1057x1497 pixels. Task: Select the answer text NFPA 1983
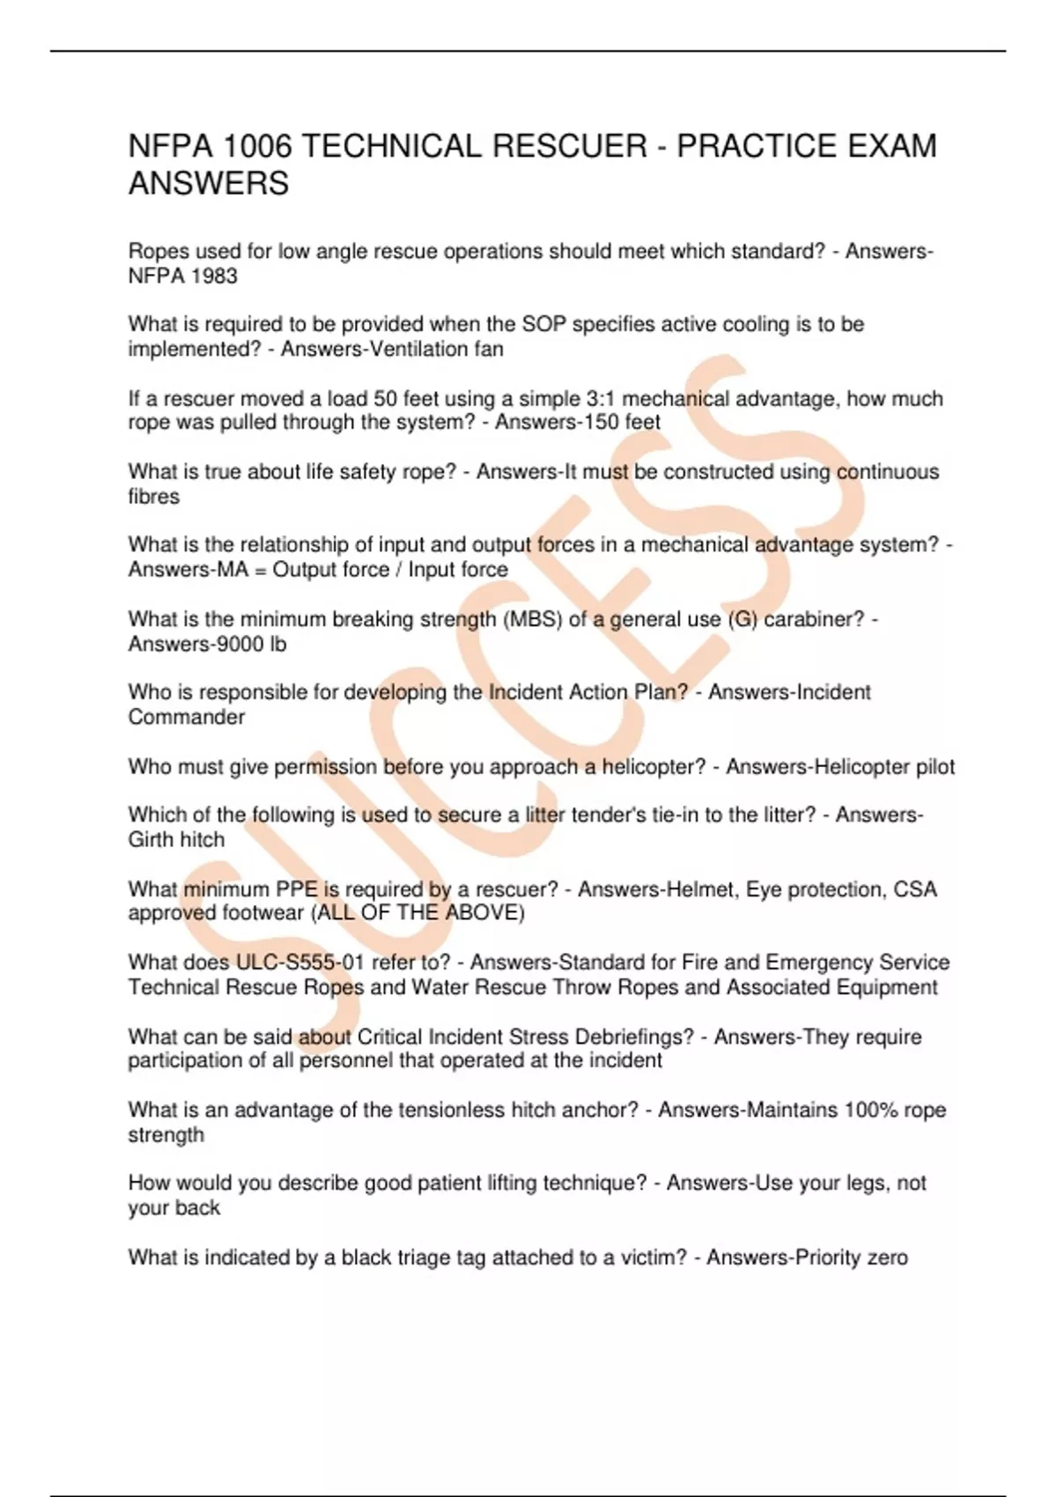coord(183,277)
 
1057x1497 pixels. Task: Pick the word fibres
coord(154,497)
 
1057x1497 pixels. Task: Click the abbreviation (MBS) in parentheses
coord(532,619)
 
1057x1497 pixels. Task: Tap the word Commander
coord(187,717)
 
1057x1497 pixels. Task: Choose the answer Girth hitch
coord(176,840)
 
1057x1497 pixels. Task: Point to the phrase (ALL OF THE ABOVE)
coord(418,913)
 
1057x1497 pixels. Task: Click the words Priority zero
coord(851,1257)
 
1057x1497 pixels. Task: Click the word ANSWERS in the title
coord(209,184)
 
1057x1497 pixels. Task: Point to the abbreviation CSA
coord(915,889)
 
